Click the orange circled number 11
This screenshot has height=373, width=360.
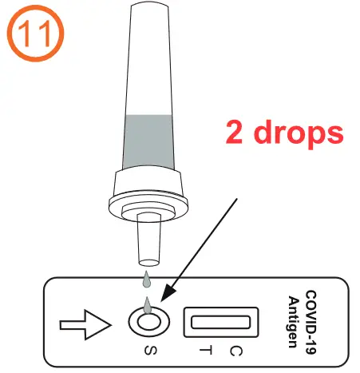(x=31, y=34)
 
